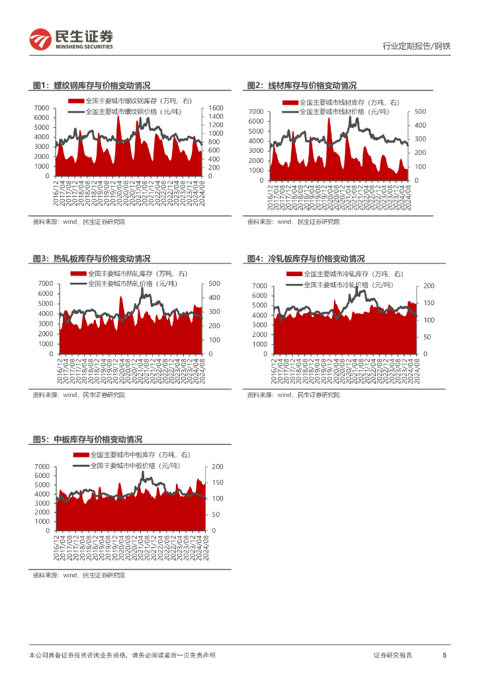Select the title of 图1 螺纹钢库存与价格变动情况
(x=91, y=85)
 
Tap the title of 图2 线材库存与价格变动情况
(x=302, y=85)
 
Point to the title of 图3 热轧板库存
(x=91, y=258)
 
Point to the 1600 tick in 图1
(x=218, y=108)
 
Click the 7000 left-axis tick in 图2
(x=255, y=111)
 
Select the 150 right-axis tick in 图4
(x=429, y=303)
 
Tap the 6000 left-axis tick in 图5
(x=41, y=475)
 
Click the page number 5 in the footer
(x=445, y=655)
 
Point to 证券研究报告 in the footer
(x=393, y=655)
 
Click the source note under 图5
(x=79, y=575)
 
